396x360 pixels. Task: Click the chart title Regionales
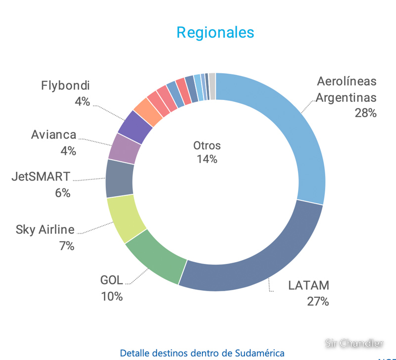(215, 33)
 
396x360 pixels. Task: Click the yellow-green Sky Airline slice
(126, 217)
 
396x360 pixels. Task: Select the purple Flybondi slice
(135, 126)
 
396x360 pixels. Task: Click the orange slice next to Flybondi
(148, 112)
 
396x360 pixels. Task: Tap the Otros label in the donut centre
(207, 146)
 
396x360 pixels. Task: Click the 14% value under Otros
(207, 159)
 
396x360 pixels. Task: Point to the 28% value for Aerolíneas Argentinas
(365, 113)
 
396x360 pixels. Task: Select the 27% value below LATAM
(317, 301)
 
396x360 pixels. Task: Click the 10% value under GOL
(111, 296)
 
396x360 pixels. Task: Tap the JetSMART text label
(41, 176)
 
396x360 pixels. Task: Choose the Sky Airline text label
(45, 229)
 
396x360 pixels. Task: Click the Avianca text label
(53, 135)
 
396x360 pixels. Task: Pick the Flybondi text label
(65, 86)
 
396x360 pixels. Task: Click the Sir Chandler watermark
(354, 342)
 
